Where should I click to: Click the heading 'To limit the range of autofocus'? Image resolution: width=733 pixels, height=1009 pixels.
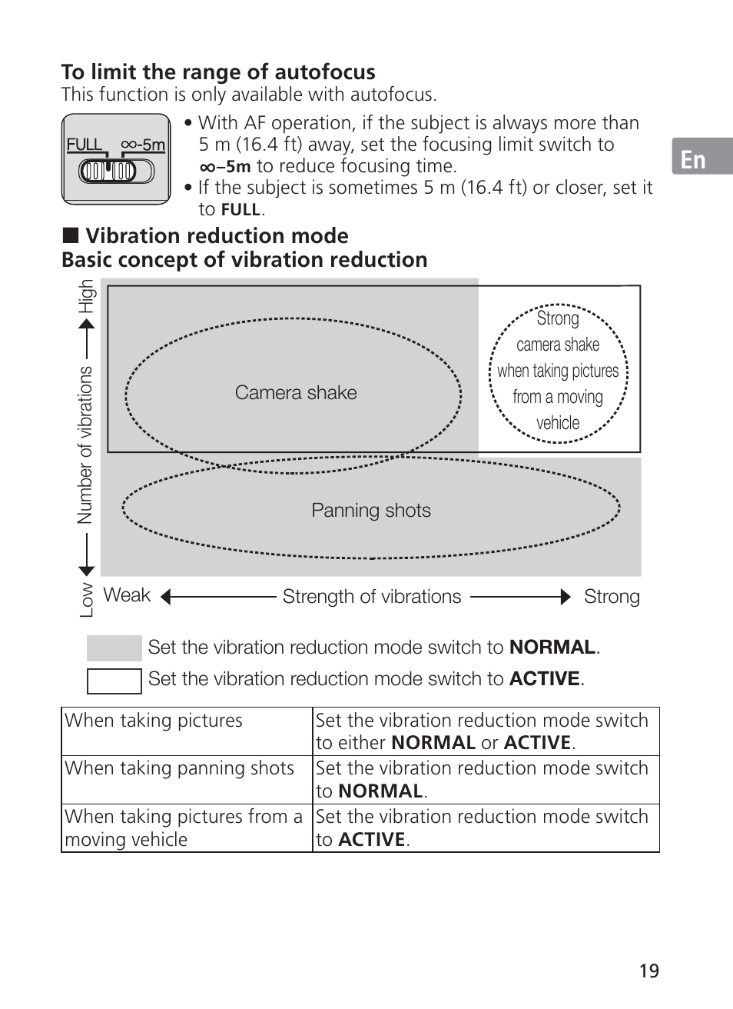[218, 72]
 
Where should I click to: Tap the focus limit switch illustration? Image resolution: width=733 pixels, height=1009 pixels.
[115, 159]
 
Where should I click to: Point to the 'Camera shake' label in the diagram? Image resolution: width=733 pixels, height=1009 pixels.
[296, 393]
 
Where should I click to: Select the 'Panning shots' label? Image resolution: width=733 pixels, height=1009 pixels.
[371, 511]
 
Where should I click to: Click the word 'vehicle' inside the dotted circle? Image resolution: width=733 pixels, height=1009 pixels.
[558, 423]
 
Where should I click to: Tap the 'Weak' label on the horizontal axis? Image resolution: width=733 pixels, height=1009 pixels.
[127, 595]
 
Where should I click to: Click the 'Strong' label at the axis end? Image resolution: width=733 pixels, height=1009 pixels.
[612, 597]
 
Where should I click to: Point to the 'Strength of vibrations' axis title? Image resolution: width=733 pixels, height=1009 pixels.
[372, 597]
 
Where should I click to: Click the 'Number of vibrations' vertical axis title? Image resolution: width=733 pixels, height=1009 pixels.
[85, 445]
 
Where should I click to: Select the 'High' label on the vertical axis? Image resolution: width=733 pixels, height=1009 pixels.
[86, 296]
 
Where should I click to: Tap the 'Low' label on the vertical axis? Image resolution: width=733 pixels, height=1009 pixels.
[86, 600]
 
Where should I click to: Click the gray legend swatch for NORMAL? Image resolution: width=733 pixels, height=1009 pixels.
[114, 648]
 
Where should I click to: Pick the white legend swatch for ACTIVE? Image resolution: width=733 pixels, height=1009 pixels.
[114, 681]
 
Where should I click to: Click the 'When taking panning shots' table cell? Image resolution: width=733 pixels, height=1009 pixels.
[180, 768]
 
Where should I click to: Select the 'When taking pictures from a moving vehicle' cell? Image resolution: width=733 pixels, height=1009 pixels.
[184, 828]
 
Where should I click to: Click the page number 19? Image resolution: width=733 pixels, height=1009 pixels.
[649, 971]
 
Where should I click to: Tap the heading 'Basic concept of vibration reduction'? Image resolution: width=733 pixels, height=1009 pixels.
[244, 260]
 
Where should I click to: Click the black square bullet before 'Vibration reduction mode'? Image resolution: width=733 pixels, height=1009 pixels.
[70, 236]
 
